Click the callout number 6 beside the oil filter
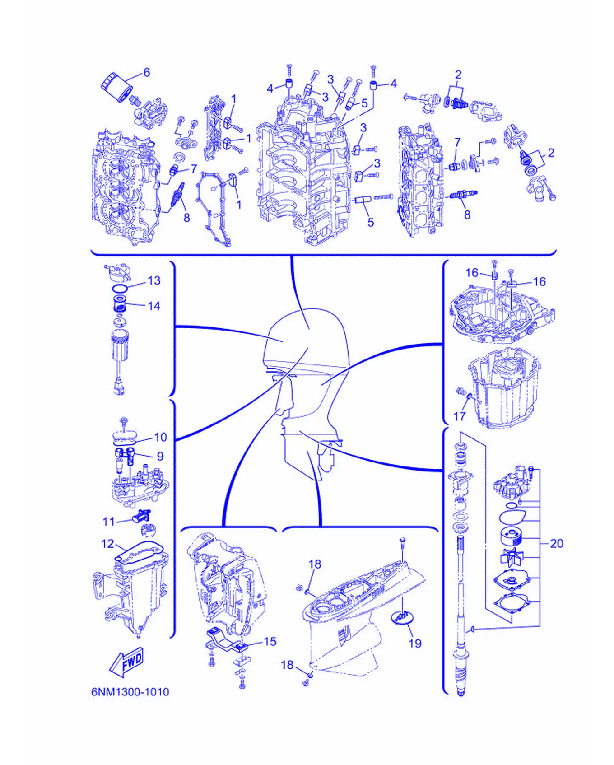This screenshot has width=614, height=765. (146, 72)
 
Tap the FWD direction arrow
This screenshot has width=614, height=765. (127, 662)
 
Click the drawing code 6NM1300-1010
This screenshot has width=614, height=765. (130, 692)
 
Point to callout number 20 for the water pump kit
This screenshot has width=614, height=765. (557, 543)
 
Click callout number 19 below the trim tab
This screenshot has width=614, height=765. (415, 643)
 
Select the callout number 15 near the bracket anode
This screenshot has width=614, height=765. (270, 641)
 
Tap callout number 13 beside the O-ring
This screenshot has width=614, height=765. (154, 280)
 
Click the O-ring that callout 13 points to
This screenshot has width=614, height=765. (120, 288)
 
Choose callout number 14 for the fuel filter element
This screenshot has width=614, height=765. (154, 306)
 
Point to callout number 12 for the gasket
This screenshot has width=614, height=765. (107, 544)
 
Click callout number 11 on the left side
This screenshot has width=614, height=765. (109, 522)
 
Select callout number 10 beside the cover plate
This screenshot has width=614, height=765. (161, 437)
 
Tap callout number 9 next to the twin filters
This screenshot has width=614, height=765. (160, 456)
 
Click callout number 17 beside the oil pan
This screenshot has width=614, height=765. (459, 416)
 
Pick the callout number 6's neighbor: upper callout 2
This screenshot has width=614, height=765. (458, 75)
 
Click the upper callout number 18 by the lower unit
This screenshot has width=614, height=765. (315, 564)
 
